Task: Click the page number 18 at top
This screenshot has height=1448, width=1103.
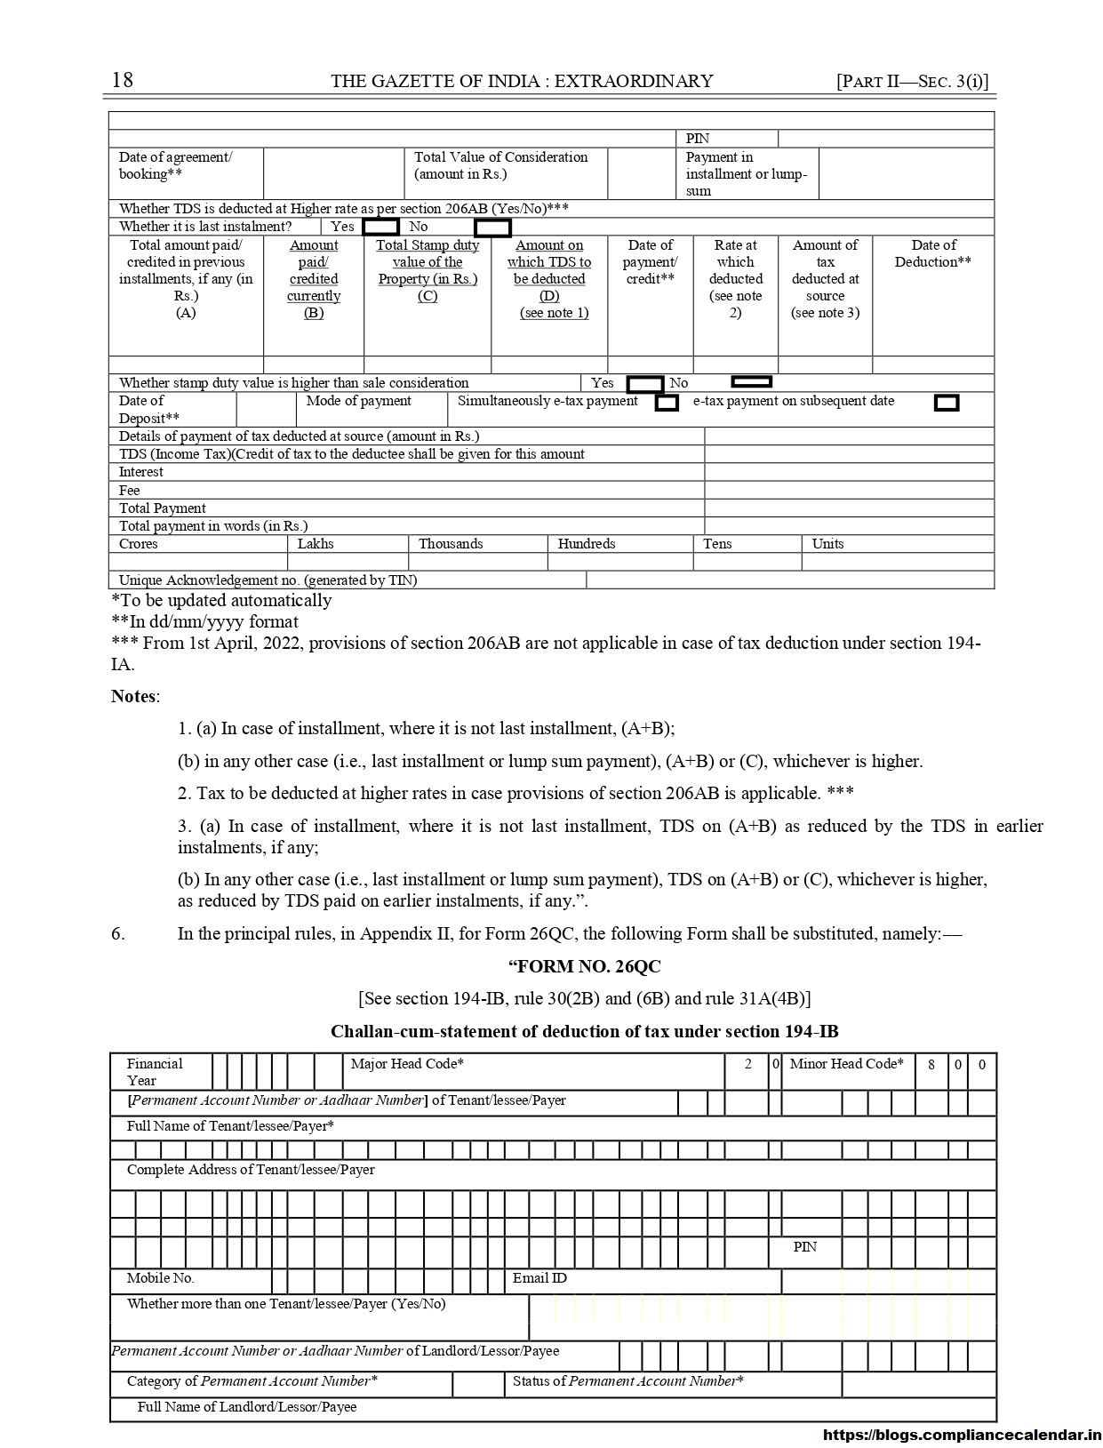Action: click(x=123, y=80)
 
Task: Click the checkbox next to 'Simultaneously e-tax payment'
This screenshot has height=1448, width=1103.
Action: click(x=667, y=403)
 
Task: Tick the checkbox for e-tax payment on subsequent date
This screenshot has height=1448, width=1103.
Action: click(x=947, y=403)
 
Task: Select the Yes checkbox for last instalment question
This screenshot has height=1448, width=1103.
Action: click(x=380, y=227)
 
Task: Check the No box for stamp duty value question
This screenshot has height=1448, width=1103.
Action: click(x=751, y=382)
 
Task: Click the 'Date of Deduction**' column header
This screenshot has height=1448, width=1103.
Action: click(x=933, y=253)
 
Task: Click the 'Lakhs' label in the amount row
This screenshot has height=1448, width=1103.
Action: click(x=316, y=543)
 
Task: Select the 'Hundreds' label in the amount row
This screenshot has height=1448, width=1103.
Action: click(x=587, y=543)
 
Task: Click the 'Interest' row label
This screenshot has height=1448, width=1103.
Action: click(x=141, y=472)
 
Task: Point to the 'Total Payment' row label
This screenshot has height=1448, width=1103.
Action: click(x=163, y=508)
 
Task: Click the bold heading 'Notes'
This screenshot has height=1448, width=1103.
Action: click(x=133, y=696)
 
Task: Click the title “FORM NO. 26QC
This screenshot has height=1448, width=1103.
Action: click(x=584, y=966)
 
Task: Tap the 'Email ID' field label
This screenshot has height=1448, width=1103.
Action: click(x=540, y=1278)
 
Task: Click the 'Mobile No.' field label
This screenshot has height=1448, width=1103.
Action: click(x=160, y=1278)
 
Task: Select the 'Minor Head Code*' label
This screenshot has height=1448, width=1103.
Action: click(x=846, y=1064)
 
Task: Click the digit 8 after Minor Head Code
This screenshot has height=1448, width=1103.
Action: click(x=931, y=1065)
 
